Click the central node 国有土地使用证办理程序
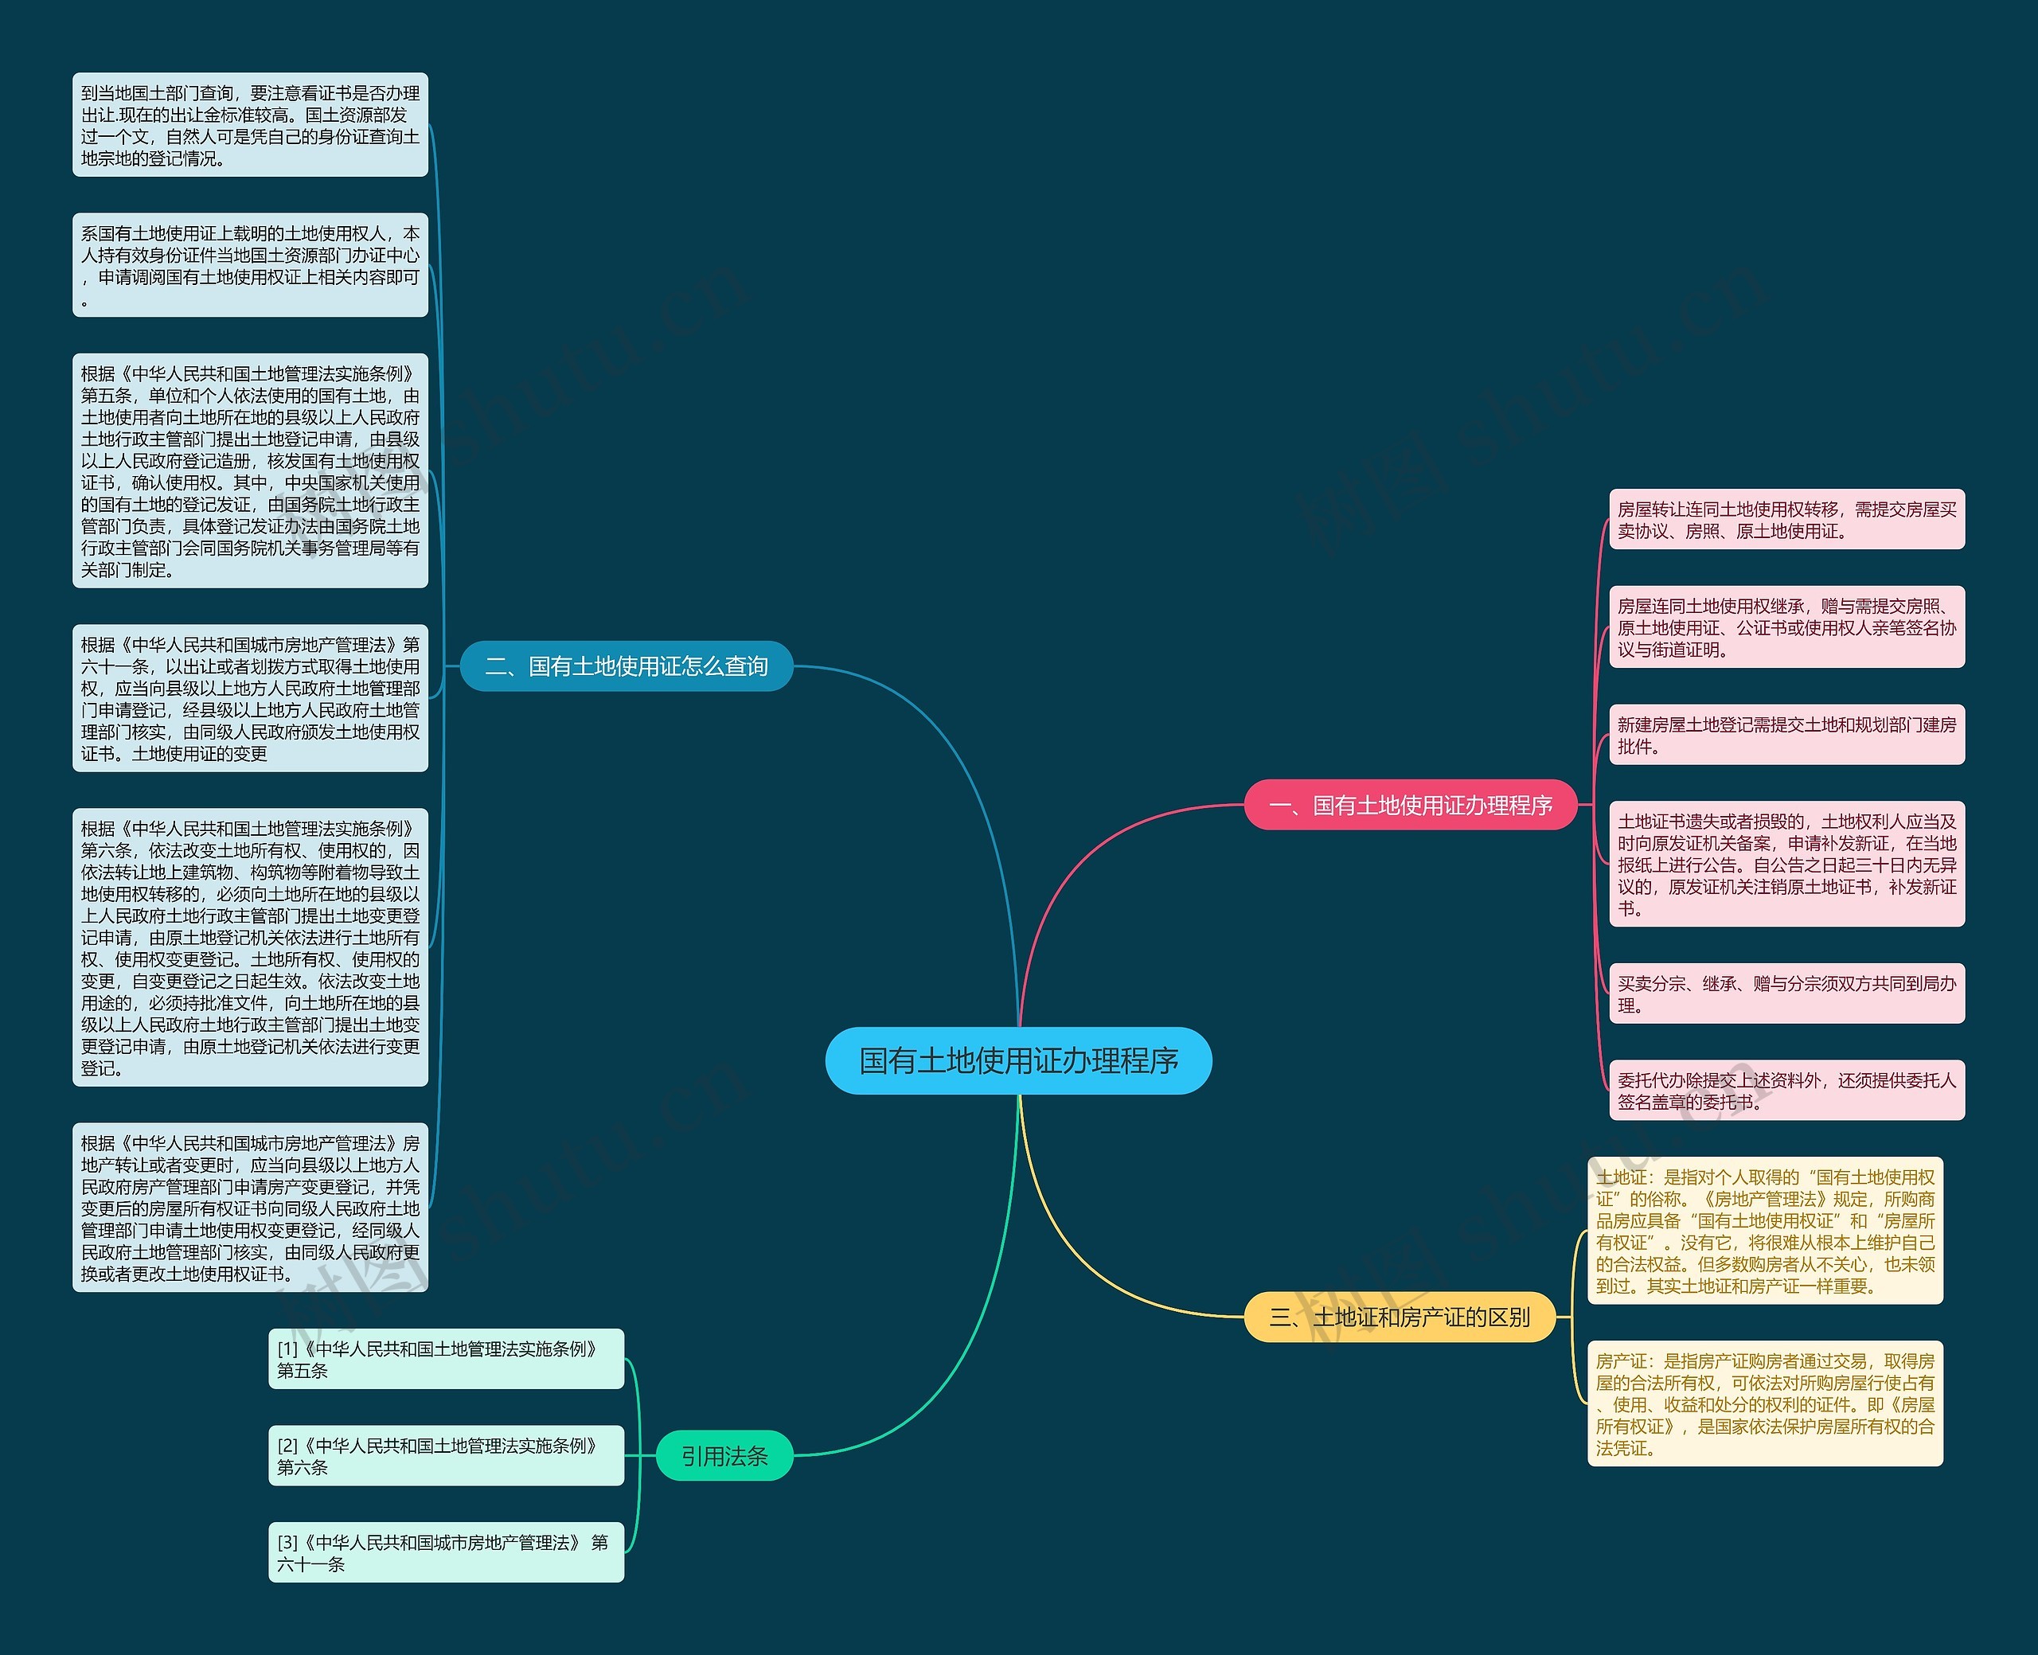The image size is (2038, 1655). tap(1018, 1060)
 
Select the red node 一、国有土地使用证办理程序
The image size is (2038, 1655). tap(1411, 806)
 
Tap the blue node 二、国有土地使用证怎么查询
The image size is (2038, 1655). tap(627, 666)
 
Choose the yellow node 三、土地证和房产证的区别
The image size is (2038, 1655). tap(1400, 1317)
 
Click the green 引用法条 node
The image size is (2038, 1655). tap(724, 1456)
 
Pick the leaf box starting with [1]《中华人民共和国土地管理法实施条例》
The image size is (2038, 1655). tap(445, 1360)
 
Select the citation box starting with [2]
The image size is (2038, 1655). tap(445, 1456)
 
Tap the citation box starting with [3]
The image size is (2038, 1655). tap(445, 1552)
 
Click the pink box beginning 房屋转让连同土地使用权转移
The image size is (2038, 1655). tap(1786, 521)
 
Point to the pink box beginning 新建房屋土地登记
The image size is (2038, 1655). tap(1786, 735)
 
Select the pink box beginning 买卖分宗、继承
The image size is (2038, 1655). tap(1786, 993)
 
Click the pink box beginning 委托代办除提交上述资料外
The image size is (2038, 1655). tap(1786, 1091)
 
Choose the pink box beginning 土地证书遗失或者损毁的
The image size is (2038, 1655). tap(1786, 864)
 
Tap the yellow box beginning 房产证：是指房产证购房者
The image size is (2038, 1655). tap(1764, 1403)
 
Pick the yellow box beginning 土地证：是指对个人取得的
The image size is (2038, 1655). tap(1764, 1231)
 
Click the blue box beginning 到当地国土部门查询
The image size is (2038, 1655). tap(250, 125)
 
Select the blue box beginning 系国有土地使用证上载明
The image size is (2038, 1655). tap(250, 265)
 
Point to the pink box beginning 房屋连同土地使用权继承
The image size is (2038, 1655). tap(1786, 627)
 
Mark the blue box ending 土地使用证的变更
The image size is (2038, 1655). tap(250, 699)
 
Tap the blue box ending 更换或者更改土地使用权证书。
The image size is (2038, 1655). tap(250, 1208)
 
